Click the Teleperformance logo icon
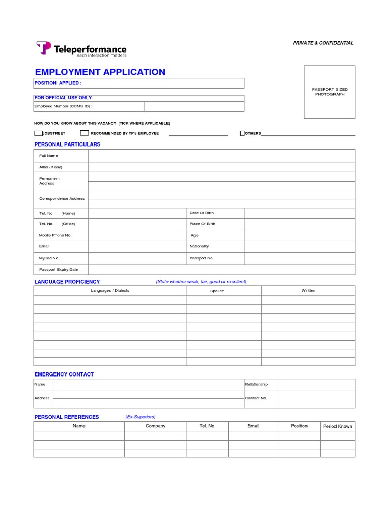44,48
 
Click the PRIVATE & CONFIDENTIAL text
323,43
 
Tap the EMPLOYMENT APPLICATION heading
100,72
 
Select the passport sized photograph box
329,92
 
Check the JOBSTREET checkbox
38,134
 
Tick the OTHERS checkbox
242,134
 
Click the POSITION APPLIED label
58,83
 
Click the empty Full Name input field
221,156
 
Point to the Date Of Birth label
202,213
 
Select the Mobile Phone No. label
55,235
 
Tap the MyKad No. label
49,258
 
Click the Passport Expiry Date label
59,270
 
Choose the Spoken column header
217,291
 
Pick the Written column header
308,291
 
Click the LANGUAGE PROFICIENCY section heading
67,282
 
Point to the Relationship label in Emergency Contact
256,384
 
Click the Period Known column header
338,426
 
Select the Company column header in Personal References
155,426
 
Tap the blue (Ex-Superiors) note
140,417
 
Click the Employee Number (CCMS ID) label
63,106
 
